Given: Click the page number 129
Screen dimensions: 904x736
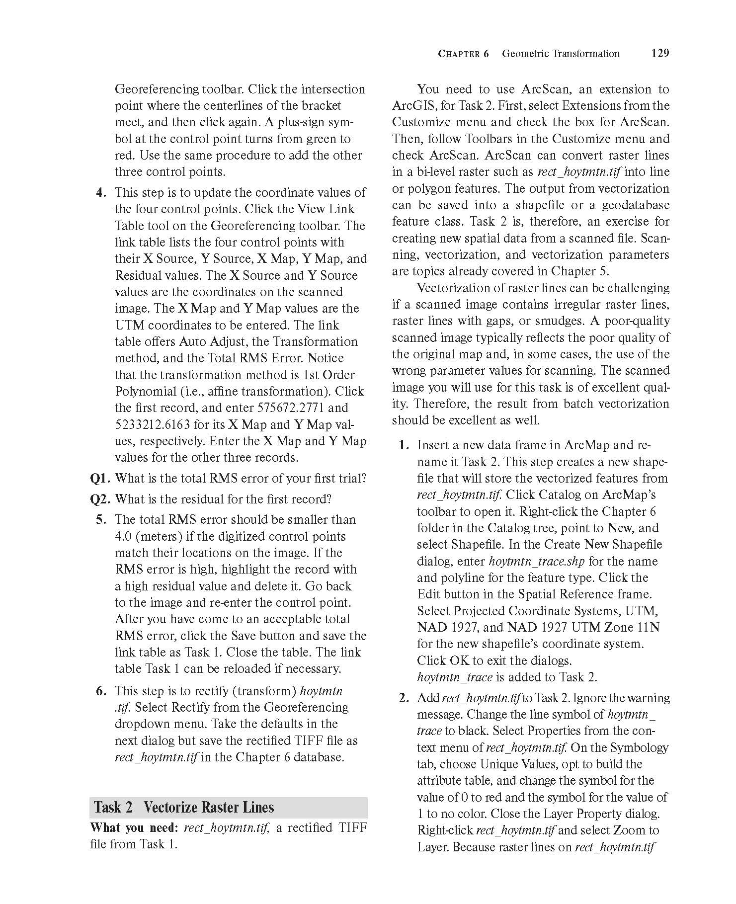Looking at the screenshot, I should click(x=659, y=53).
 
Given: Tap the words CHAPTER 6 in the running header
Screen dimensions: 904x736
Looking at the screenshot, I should click(x=463, y=54).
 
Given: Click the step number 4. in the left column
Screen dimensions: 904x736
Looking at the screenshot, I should click(x=101, y=192).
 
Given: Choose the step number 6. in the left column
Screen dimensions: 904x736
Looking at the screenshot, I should click(x=101, y=691).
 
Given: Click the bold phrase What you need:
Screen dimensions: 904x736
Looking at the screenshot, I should click(x=134, y=827).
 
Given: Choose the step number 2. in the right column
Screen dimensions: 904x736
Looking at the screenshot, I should click(x=404, y=698).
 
